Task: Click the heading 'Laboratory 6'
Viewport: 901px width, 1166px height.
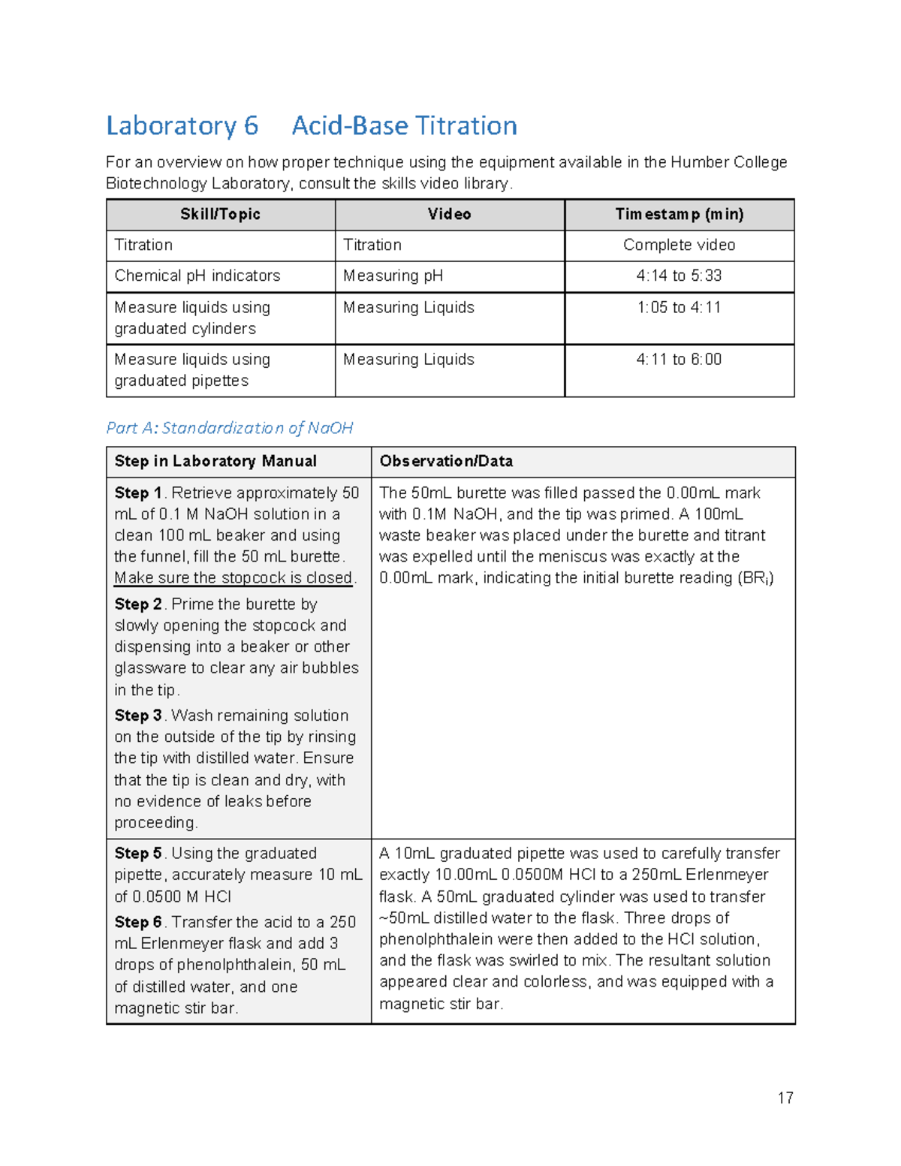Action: [x=182, y=125]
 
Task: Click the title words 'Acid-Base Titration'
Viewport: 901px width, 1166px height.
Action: [x=404, y=125]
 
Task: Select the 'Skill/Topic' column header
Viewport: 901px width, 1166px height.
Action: [x=220, y=215]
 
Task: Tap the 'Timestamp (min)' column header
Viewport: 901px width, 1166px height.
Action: [x=679, y=215]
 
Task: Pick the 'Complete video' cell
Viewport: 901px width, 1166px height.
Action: [x=679, y=246]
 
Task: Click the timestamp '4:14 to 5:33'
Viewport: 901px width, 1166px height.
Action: [x=679, y=276]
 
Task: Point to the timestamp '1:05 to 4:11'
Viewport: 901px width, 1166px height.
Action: [x=679, y=308]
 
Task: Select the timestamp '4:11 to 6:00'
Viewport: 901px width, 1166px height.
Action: [x=679, y=360]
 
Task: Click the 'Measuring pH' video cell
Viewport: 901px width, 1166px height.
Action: [x=393, y=276]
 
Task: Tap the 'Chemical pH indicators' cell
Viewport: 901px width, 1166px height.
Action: [x=197, y=276]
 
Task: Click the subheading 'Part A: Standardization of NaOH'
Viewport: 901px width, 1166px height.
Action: [x=229, y=428]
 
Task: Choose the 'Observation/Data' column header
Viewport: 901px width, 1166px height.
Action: [x=446, y=462]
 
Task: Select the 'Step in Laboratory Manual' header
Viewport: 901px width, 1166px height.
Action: [x=215, y=462]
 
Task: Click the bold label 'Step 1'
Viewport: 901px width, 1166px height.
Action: [x=138, y=493]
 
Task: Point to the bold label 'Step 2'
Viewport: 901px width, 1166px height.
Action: [x=138, y=604]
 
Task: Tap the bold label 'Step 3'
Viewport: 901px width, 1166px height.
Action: [x=138, y=716]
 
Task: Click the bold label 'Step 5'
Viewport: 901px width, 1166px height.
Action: [x=138, y=854]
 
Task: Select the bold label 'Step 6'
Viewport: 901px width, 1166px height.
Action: [x=138, y=922]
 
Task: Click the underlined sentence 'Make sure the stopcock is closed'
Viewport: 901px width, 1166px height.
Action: [x=233, y=578]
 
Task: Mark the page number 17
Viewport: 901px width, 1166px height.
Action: [x=785, y=1098]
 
